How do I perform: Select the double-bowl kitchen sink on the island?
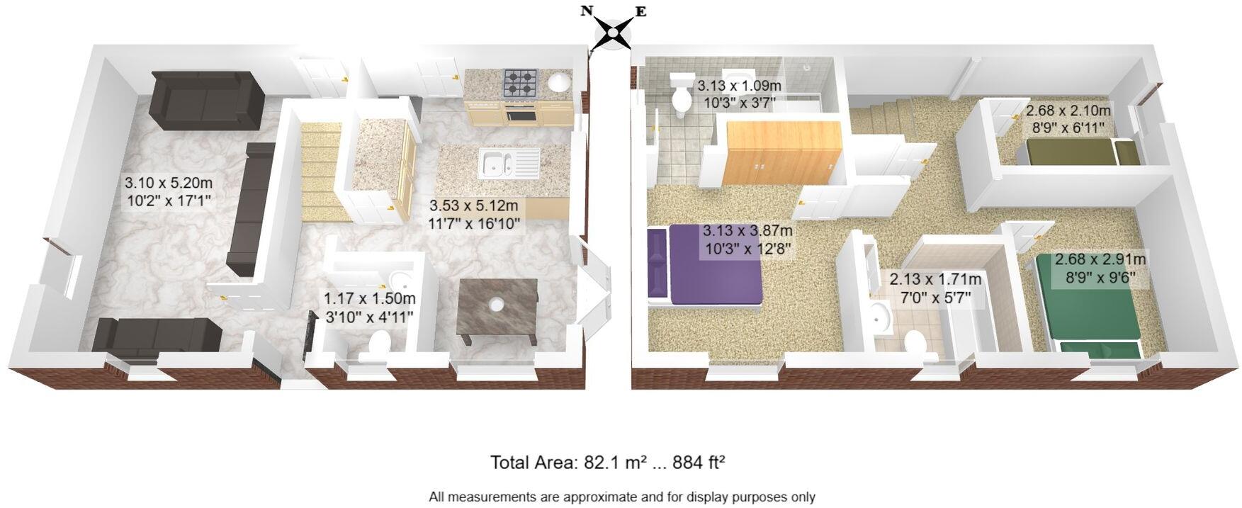click(x=499, y=162)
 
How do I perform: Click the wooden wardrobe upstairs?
click(x=783, y=153)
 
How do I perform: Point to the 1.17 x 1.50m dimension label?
click(x=369, y=307)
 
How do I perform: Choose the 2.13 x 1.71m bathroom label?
click(x=935, y=288)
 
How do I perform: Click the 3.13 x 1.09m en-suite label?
click(x=739, y=94)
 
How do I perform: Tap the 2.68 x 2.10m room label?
click(x=1068, y=119)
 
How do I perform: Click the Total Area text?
click(x=607, y=463)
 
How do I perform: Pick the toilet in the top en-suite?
click(x=683, y=98)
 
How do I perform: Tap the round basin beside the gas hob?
click(x=559, y=82)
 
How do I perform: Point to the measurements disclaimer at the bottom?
click(x=621, y=497)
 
